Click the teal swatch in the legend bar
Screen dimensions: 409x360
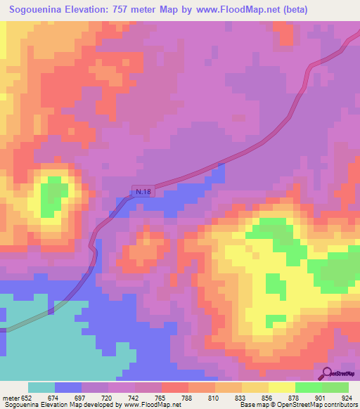point(41,387)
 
